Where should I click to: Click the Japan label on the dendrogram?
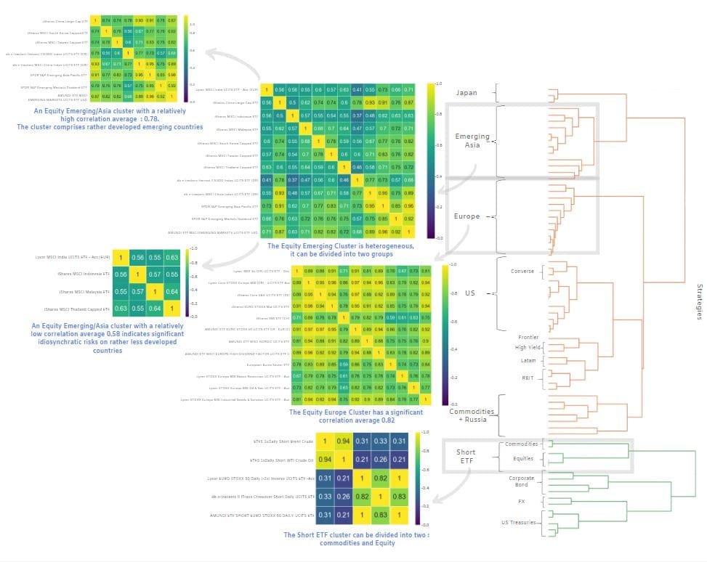click(x=466, y=92)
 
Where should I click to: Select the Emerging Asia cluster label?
click(x=472, y=141)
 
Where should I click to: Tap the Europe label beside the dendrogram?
click(x=466, y=216)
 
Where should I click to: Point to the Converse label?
click(x=522, y=272)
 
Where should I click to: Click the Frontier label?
click(x=528, y=337)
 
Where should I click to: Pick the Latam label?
click(x=528, y=359)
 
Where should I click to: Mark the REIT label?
click(x=528, y=378)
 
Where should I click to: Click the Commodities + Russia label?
click(x=472, y=416)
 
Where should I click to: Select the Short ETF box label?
click(x=466, y=456)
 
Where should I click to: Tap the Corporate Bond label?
click(x=521, y=482)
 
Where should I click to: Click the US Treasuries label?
click(x=518, y=522)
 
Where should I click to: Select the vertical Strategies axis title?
click(x=698, y=301)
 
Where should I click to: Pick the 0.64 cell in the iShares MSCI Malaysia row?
click(x=171, y=291)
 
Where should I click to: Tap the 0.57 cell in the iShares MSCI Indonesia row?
click(x=153, y=274)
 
